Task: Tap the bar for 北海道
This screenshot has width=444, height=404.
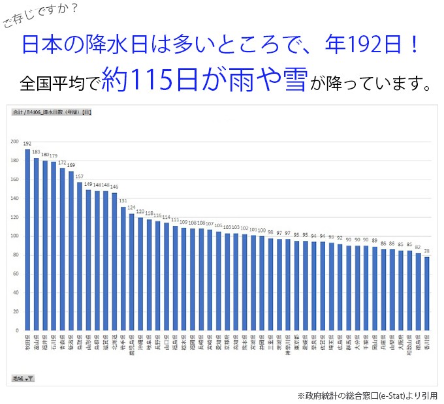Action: click(x=114, y=260)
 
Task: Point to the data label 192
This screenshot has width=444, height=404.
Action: click(x=27, y=144)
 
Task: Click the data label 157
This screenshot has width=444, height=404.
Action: click(x=80, y=177)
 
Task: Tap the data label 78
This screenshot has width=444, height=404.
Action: click(x=427, y=251)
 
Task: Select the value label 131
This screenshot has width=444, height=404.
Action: click(x=123, y=201)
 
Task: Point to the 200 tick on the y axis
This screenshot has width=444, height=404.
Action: click(x=14, y=141)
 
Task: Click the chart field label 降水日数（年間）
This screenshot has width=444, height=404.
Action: click(x=52, y=112)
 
